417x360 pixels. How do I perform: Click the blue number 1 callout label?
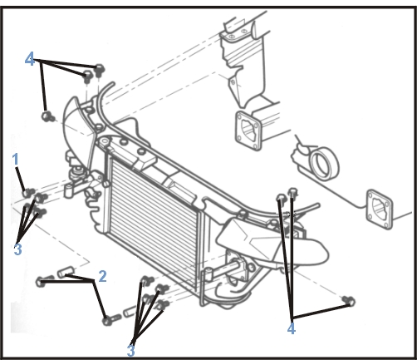pos(16,160)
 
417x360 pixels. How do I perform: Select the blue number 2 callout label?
pos(102,276)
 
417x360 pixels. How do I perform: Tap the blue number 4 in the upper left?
pos(30,59)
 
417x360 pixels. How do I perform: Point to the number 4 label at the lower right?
pos(292,328)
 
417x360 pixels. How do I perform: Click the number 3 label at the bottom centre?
pos(130,351)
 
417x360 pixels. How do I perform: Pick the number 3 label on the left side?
pos(17,249)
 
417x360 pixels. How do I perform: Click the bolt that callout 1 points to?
pos(28,192)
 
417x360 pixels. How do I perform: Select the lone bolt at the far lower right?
pos(349,301)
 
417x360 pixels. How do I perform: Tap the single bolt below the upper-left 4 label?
pos(47,116)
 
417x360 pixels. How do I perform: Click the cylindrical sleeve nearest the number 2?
pos(65,271)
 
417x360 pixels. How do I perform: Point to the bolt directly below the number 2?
pos(111,319)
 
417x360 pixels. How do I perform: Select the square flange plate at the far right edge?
pos(380,210)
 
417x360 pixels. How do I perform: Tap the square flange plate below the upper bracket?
pos(248,131)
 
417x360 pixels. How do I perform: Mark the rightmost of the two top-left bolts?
pos(99,70)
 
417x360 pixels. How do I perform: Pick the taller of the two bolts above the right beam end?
pos(293,194)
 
